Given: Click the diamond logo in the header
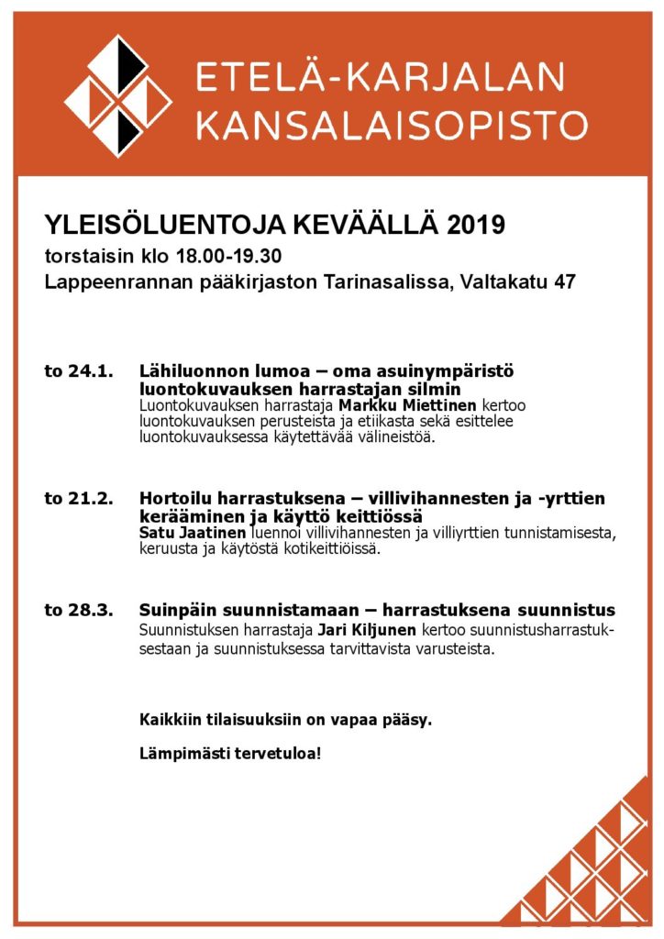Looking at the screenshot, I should coord(117,95).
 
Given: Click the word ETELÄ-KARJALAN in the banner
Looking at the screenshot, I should coord(393,77).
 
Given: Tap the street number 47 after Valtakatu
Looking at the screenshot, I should coord(565,282).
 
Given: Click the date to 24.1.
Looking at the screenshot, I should coord(78,371).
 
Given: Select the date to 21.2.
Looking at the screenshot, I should coord(78,499).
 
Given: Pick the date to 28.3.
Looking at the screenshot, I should coord(78,610).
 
